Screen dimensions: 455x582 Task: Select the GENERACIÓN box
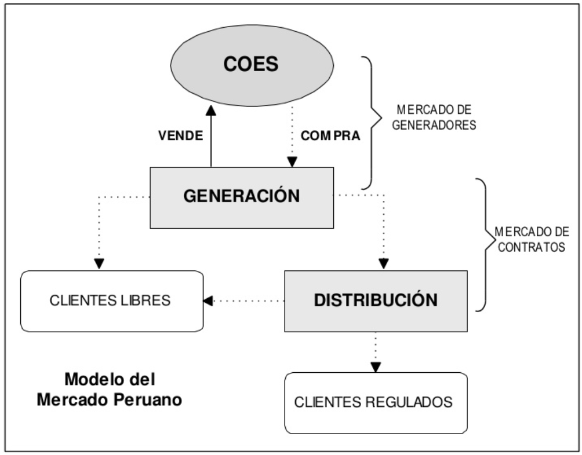[x=242, y=196]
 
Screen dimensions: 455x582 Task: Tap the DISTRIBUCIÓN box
[x=376, y=300]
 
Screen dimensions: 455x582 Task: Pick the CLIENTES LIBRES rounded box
[x=112, y=300]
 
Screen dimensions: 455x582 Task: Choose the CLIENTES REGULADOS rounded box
[x=376, y=402]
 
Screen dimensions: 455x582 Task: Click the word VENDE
[x=180, y=137]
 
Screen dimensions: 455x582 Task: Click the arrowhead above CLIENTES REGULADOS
[x=376, y=367]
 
